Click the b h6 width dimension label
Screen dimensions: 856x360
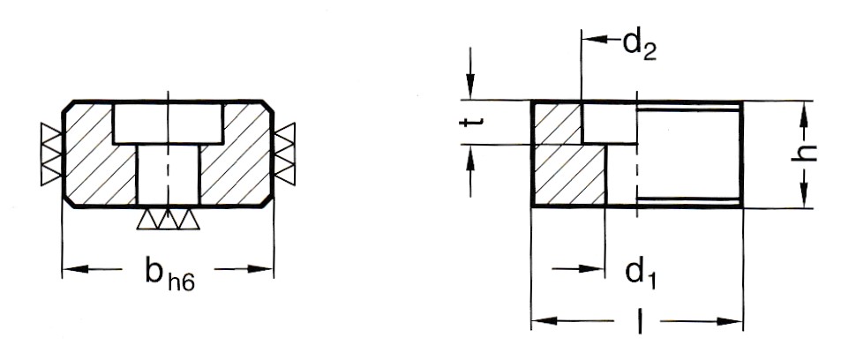[x=169, y=275]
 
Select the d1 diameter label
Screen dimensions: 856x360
[x=641, y=274]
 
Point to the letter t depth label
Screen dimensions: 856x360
[x=469, y=122]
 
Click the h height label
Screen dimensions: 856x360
[x=804, y=154]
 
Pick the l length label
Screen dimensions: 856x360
[x=638, y=321]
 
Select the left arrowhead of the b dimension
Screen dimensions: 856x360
[x=76, y=269]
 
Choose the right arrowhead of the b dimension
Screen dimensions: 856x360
[x=259, y=269]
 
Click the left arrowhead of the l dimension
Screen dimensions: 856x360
[x=544, y=321]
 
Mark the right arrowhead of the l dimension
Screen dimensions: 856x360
[x=729, y=321]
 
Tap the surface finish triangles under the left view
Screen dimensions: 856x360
[x=168, y=218]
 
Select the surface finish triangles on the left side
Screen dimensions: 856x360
[x=52, y=154]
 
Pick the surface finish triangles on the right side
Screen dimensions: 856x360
[x=284, y=154]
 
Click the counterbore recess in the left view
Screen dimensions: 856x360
[x=169, y=124]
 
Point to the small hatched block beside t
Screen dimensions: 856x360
[x=557, y=124]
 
